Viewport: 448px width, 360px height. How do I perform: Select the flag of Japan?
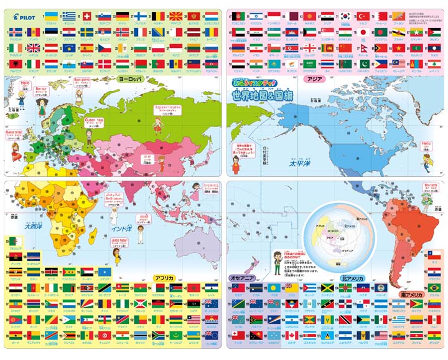coord(363,30)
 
